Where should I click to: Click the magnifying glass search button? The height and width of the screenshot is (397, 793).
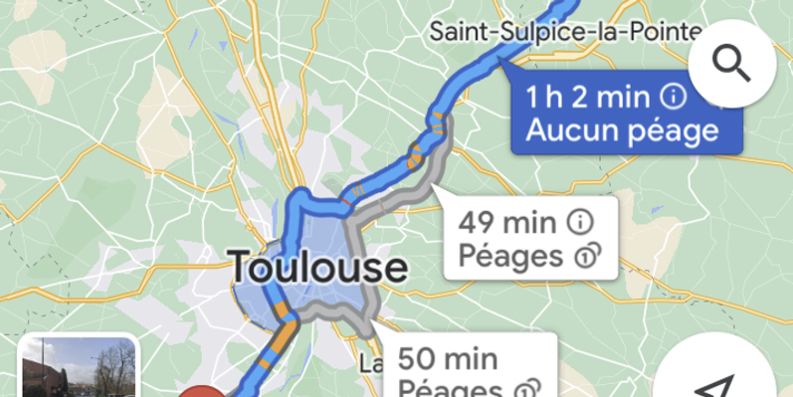pyautogui.click(x=732, y=63)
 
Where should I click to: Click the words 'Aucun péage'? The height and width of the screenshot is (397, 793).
pyautogui.click(x=622, y=131)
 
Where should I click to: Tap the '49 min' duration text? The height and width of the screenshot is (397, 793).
pyautogui.click(x=507, y=223)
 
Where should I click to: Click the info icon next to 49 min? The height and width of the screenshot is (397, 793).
pyautogui.click(x=582, y=223)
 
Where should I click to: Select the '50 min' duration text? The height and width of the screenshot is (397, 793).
pyautogui.click(x=448, y=359)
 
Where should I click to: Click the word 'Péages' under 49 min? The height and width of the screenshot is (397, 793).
pyautogui.click(x=510, y=256)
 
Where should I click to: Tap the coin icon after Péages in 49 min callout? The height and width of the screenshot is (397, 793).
pyautogui.click(x=587, y=256)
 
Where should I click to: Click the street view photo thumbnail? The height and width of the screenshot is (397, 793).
pyautogui.click(x=78, y=368)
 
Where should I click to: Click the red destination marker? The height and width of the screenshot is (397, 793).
pyautogui.click(x=203, y=392)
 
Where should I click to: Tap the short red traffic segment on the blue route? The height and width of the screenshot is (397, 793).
pyautogui.click(x=346, y=203)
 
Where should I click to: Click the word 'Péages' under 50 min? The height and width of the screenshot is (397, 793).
pyautogui.click(x=449, y=389)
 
